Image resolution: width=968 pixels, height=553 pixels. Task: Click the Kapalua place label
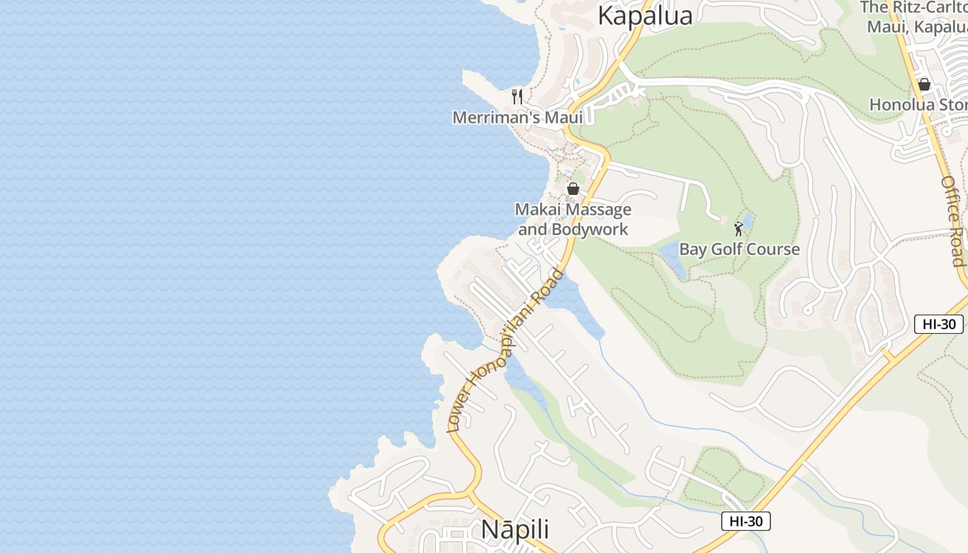coord(644,15)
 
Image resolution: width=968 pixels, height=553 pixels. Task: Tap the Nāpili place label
coord(515,529)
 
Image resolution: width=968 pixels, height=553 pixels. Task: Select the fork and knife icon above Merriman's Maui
coord(517,96)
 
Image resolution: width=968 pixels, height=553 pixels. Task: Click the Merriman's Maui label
coord(518,118)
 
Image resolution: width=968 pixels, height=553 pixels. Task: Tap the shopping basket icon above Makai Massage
coord(573,188)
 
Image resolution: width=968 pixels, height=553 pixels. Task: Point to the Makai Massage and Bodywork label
coord(573,219)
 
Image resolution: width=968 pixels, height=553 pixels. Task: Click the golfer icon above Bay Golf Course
coord(738,228)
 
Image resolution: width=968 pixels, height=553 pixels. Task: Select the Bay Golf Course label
coord(739,250)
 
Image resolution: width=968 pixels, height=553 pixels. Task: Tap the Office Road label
coord(953,221)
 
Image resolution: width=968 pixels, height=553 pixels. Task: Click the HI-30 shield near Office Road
coord(938,324)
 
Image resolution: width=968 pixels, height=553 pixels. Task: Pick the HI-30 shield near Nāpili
coord(745,521)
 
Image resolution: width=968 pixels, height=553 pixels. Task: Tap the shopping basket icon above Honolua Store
coord(924,84)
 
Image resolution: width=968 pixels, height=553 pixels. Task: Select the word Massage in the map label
coord(598,209)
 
